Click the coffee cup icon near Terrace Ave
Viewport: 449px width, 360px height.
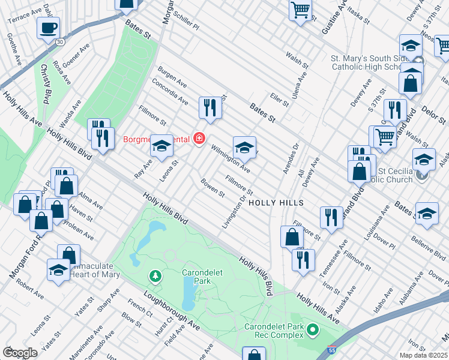48,28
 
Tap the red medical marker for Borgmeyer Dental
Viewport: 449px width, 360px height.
199,139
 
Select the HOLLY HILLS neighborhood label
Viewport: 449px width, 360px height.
276,203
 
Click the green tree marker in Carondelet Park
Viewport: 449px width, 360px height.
155,276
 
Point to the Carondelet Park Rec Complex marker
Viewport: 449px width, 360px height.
312,329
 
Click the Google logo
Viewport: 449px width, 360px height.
20,352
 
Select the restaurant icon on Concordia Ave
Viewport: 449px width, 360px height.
210,107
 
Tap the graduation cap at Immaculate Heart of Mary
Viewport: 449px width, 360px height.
59,270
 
